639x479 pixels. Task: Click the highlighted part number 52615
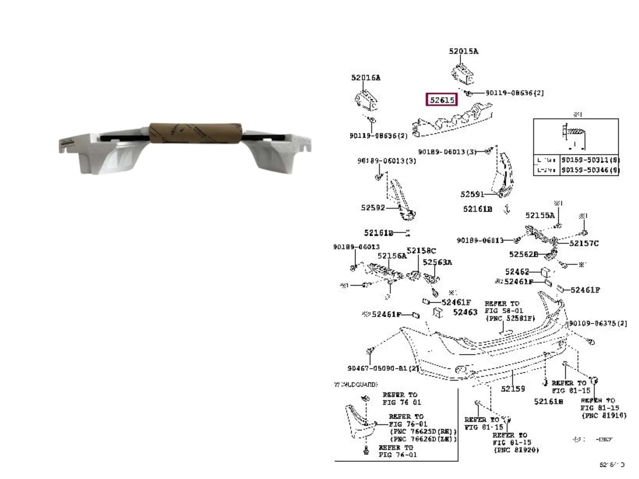click(442, 100)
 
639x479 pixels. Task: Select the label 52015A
click(463, 51)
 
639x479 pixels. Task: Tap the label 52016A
click(366, 78)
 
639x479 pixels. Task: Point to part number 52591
click(472, 194)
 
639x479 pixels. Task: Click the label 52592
click(373, 208)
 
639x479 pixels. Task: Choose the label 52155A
click(540, 215)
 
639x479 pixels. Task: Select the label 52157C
click(584, 243)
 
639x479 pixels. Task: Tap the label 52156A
click(392, 256)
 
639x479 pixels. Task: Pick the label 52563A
click(437, 262)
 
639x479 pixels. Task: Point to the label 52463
click(465, 312)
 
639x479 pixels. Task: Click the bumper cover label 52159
click(513, 389)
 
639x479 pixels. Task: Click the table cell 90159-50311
click(589, 160)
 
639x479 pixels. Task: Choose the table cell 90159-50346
click(589, 170)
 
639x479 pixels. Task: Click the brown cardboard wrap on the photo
click(195, 133)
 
